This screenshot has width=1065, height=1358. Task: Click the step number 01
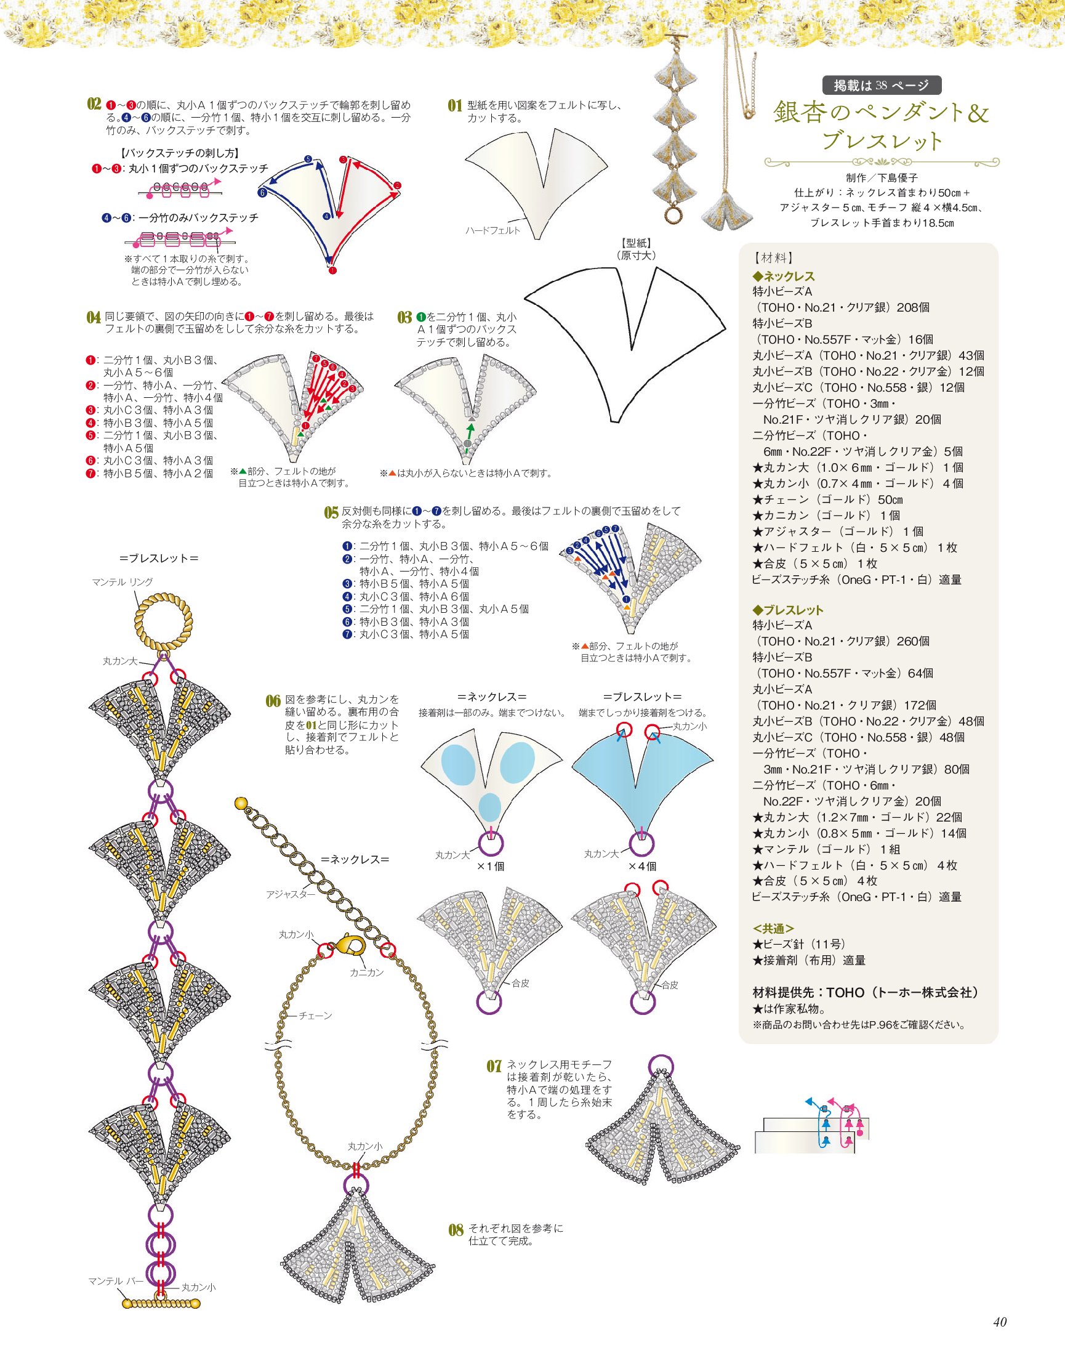point(454,105)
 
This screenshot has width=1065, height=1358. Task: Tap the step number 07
point(494,1066)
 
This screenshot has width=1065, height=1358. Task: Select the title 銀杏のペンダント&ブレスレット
point(881,126)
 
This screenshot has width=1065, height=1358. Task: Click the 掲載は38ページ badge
point(881,85)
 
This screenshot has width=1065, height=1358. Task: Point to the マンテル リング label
point(123,582)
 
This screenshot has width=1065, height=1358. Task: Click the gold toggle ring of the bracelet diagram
point(163,621)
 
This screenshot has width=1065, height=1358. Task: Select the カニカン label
point(367,972)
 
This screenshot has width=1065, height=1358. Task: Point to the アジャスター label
point(291,894)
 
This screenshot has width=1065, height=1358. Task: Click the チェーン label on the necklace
point(316,1016)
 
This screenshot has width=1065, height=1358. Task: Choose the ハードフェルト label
point(492,230)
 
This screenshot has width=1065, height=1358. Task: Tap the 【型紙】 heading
point(636,243)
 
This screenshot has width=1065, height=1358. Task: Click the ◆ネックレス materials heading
point(783,277)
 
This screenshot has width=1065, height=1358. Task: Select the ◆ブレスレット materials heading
point(788,610)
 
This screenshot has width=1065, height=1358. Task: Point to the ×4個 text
point(642,867)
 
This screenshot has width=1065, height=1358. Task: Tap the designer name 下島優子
point(898,179)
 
